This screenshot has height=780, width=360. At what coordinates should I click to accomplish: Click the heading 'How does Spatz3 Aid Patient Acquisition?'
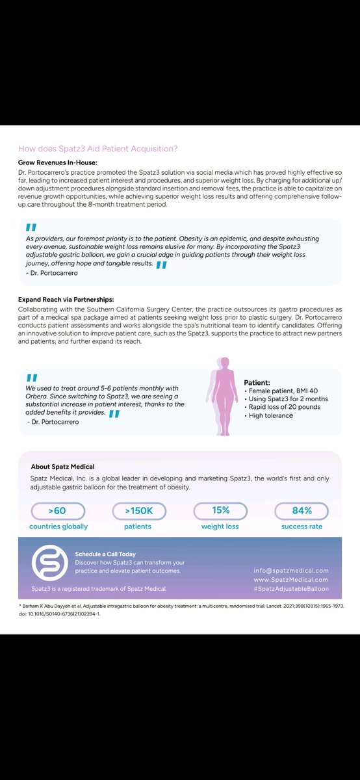(97, 148)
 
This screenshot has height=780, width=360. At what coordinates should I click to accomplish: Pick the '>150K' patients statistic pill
(138, 511)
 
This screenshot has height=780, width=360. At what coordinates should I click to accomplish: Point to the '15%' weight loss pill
(220, 511)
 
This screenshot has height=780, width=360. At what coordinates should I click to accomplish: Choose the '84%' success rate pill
(301, 511)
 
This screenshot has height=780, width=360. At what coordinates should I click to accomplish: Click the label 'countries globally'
(58, 526)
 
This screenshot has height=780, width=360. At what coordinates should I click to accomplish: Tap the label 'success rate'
(302, 526)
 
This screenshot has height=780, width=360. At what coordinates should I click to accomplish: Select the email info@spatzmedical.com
(290, 570)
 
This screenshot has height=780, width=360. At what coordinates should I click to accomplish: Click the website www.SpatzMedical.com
(290, 579)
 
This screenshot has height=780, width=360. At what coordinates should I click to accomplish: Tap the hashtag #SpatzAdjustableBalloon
(290, 588)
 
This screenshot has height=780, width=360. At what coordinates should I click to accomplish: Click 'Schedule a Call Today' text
(105, 554)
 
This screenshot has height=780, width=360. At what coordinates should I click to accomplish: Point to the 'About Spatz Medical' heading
(62, 466)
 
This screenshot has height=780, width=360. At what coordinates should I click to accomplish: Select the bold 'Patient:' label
(257, 383)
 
